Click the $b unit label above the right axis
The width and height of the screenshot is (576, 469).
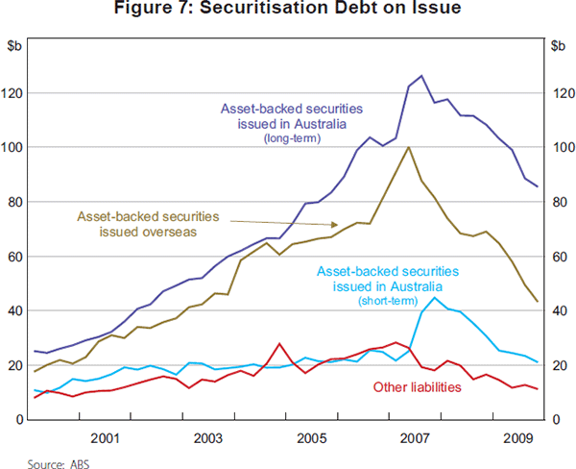560,45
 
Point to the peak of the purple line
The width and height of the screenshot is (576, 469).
420,75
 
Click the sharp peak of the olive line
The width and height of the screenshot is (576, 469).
409,147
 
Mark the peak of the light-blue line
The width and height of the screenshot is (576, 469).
435,297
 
